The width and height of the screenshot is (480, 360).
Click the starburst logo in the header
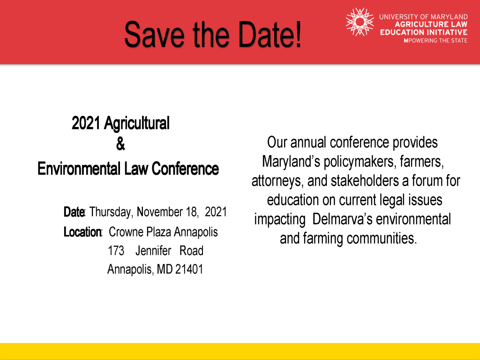(360, 22)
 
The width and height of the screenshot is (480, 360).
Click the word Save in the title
(154, 34)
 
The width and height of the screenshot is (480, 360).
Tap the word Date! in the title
(270, 34)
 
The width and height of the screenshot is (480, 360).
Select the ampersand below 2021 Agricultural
(120, 143)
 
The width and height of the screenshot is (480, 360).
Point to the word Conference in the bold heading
(185, 169)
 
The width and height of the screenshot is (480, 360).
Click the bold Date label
(74, 212)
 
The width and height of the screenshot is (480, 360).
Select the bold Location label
(82, 232)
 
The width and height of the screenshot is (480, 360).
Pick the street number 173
(116, 251)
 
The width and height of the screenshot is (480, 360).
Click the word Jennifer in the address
(153, 251)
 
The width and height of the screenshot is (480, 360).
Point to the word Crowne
(126, 232)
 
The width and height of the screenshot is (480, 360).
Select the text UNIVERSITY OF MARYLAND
(423, 17)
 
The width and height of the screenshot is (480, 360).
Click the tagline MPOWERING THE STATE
(435, 41)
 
